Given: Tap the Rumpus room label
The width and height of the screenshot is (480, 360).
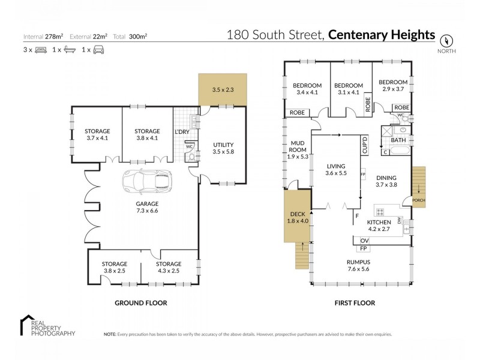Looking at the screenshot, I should (x=358, y=266).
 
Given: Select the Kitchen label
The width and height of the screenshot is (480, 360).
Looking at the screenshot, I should (x=379, y=226).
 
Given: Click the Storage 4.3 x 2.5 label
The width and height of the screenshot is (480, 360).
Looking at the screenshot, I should (x=169, y=268).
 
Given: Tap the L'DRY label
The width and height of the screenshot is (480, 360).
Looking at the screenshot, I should (x=182, y=131).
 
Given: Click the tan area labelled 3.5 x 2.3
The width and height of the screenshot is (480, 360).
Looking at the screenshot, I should (x=223, y=89).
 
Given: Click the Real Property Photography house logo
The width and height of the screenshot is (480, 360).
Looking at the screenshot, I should (x=28, y=323).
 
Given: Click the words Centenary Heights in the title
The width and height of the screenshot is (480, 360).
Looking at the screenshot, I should (x=382, y=35).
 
